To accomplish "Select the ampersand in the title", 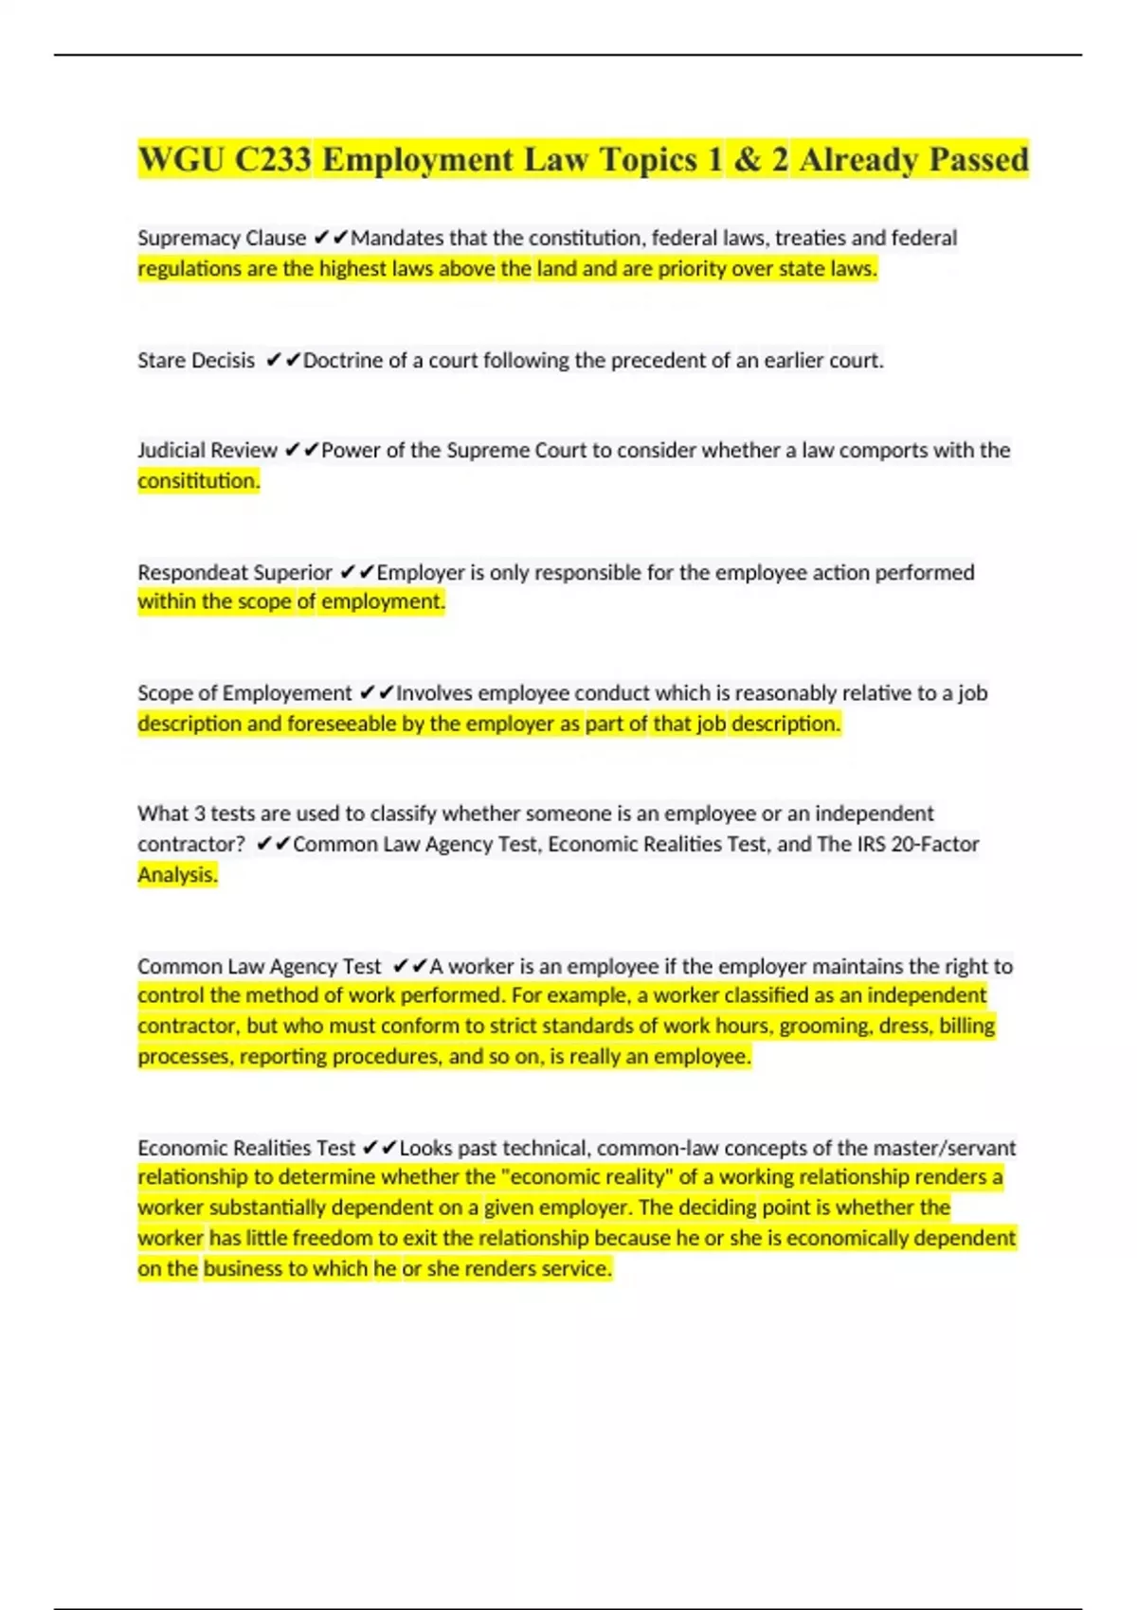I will click(747, 159).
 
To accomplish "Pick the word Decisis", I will click(223, 361).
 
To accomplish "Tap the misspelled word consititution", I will click(198, 481).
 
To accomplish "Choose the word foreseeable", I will click(341, 724).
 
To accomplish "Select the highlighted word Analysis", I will click(177, 874).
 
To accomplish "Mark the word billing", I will click(966, 1026).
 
